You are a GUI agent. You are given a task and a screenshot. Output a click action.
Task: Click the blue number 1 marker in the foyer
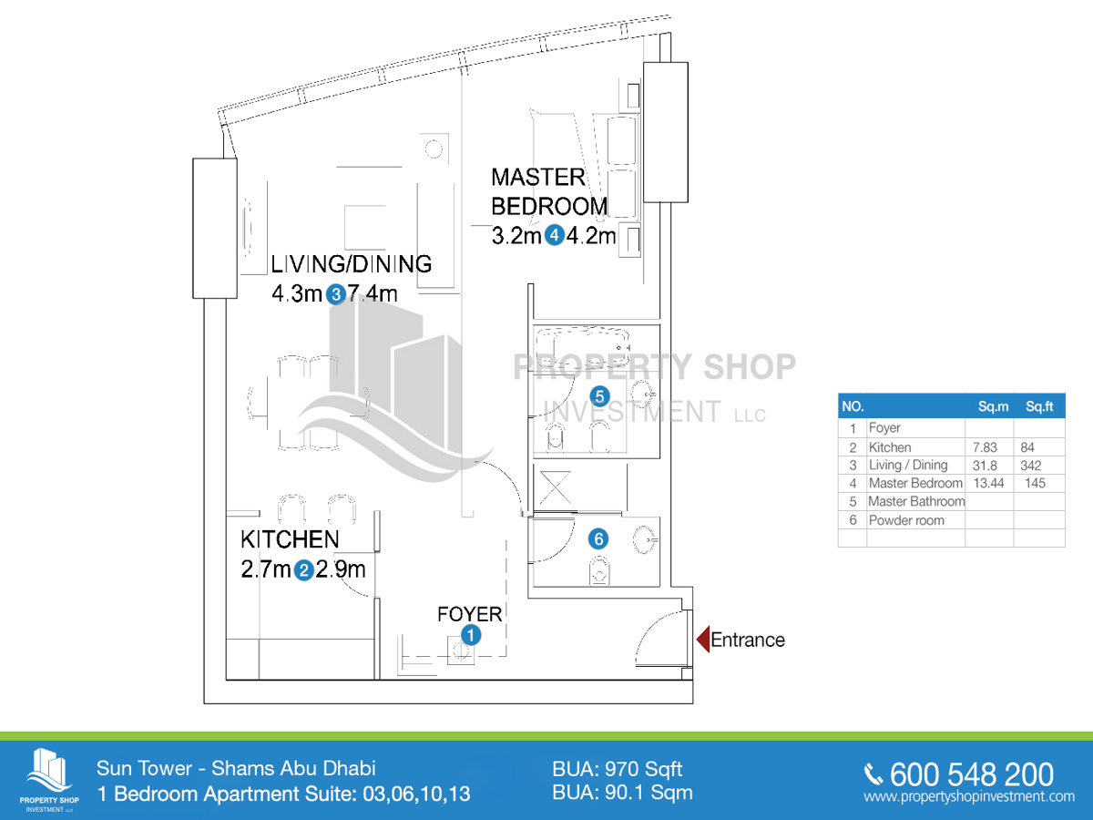click(x=470, y=635)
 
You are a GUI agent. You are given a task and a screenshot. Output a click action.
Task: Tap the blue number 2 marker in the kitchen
click(x=305, y=571)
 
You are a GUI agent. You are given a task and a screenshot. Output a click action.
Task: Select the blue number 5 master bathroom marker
click(x=599, y=396)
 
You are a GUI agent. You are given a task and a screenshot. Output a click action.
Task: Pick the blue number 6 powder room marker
click(x=598, y=538)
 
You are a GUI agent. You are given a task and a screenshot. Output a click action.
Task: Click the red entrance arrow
click(x=702, y=640)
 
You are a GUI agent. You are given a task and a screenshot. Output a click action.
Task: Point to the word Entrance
click(x=747, y=640)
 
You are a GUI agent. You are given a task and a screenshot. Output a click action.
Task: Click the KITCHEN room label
click(x=290, y=539)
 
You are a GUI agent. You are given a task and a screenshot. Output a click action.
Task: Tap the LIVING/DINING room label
click(x=351, y=264)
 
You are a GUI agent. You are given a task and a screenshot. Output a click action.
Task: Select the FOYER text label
click(x=469, y=614)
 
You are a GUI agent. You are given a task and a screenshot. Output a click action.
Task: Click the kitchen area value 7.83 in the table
click(x=988, y=447)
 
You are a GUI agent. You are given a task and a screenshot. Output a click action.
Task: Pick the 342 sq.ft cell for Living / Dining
click(x=1034, y=466)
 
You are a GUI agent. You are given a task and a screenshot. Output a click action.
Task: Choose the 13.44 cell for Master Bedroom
click(x=988, y=484)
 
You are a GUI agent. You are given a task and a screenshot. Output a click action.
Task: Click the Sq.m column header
click(x=993, y=406)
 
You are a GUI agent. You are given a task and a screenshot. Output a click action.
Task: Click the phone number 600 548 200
click(x=970, y=774)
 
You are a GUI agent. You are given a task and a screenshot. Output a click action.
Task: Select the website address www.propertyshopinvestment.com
click(x=969, y=797)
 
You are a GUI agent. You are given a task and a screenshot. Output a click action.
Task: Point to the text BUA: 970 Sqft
click(x=617, y=769)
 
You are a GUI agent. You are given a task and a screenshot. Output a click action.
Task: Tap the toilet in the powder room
click(x=598, y=573)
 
